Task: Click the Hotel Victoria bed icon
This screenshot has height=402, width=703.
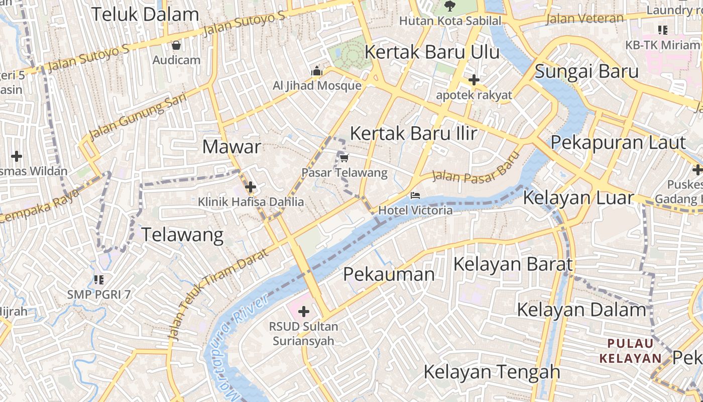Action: point(415,195)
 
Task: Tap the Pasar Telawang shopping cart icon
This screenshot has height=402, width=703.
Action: point(344,158)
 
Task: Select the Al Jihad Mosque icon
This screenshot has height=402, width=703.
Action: point(316,71)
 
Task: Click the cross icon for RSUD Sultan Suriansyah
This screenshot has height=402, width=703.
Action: point(303,312)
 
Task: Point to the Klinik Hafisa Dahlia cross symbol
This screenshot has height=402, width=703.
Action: point(250,187)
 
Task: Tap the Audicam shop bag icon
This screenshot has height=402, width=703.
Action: point(176,46)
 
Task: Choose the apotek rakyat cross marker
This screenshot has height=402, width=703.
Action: point(474,80)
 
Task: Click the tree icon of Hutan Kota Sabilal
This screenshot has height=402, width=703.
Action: point(450,7)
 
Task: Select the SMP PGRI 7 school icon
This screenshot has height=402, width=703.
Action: point(98,279)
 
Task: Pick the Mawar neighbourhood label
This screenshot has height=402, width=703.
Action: point(231,147)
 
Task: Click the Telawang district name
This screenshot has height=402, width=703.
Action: point(182,235)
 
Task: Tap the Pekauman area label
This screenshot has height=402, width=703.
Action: point(389,274)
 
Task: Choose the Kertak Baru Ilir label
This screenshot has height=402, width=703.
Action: point(413,134)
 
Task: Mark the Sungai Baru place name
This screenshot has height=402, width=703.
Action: point(586,71)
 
